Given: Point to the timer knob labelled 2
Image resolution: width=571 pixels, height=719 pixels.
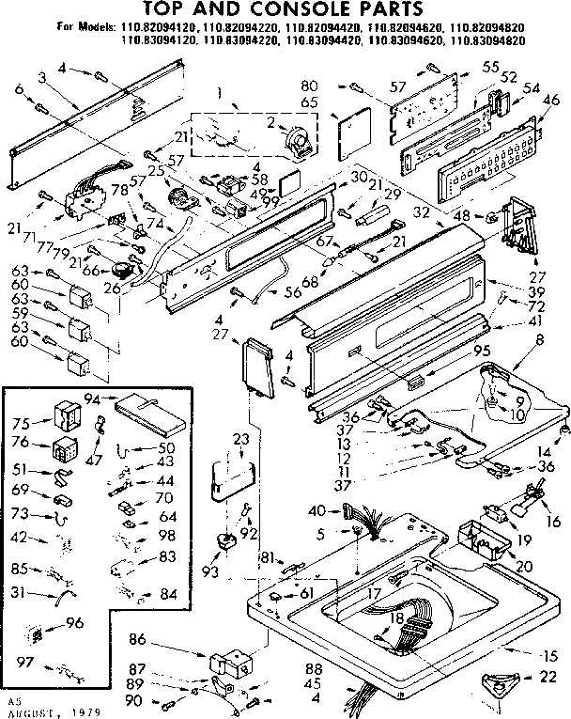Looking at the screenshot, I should pyautogui.click(x=299, y=144).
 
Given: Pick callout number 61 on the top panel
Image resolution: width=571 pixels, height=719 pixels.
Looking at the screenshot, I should pyautogui.click(x=305, y=594).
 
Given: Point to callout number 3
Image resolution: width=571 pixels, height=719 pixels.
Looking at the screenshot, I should pyautogui.click(x=43, y=75).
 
